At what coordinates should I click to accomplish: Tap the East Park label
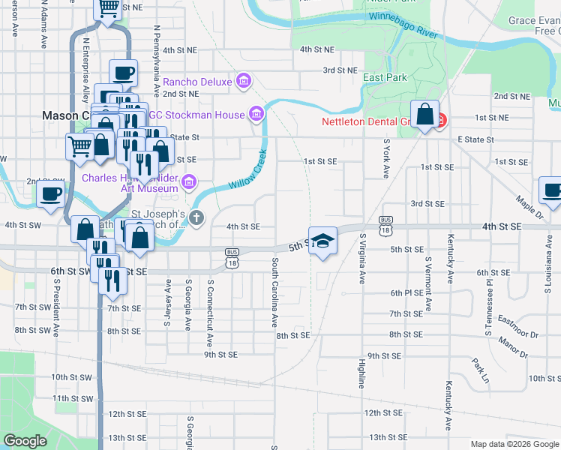point(385,78)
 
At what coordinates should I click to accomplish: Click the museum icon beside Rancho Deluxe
point(243,80)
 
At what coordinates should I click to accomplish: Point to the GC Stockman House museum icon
point(256,115)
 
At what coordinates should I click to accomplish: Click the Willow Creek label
point(248,173)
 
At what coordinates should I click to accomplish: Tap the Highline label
point(361,373)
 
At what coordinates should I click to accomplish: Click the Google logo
point(25,441)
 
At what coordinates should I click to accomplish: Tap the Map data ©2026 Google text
point(514,444)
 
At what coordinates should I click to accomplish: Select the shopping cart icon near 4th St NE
point(108,7)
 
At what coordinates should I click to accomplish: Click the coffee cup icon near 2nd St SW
point(51,194)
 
